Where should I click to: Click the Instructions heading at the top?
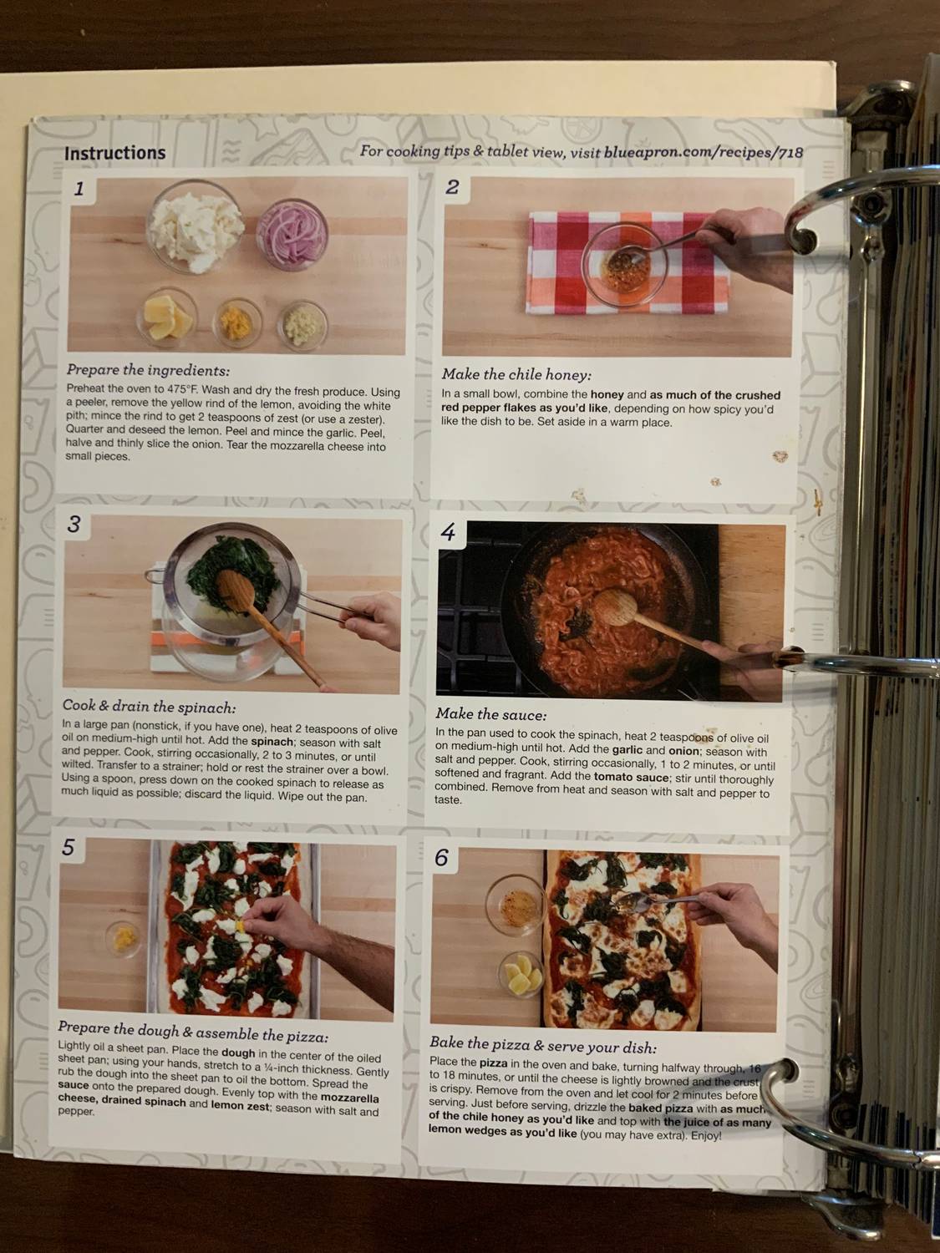[114, 153]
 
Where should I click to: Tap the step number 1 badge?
[79, 189]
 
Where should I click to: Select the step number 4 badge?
[449, 532]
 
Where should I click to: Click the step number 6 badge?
[441, 857]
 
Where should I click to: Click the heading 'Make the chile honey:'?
[516, 374]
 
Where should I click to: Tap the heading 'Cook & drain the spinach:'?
[149, 708]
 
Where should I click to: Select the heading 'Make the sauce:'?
[490, 714]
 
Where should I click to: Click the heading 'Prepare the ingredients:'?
[148, 370]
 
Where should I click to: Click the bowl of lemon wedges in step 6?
[521, 972]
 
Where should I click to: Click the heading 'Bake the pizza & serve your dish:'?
[542, 1045]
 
